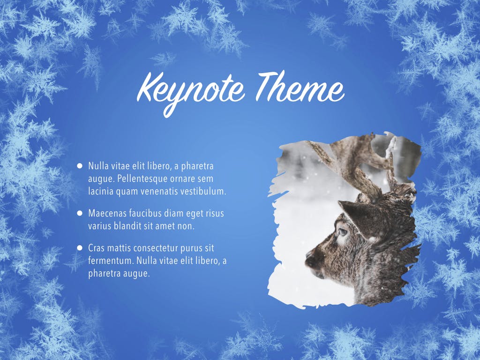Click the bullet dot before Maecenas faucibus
tap(80, 213)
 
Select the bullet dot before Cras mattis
tap(80, 247)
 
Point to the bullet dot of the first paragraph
tap(80, 165)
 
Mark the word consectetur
tap(161, 247)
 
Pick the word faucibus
tap(147, 213)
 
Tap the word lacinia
tap(100, 191)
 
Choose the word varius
tap(100, 225)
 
